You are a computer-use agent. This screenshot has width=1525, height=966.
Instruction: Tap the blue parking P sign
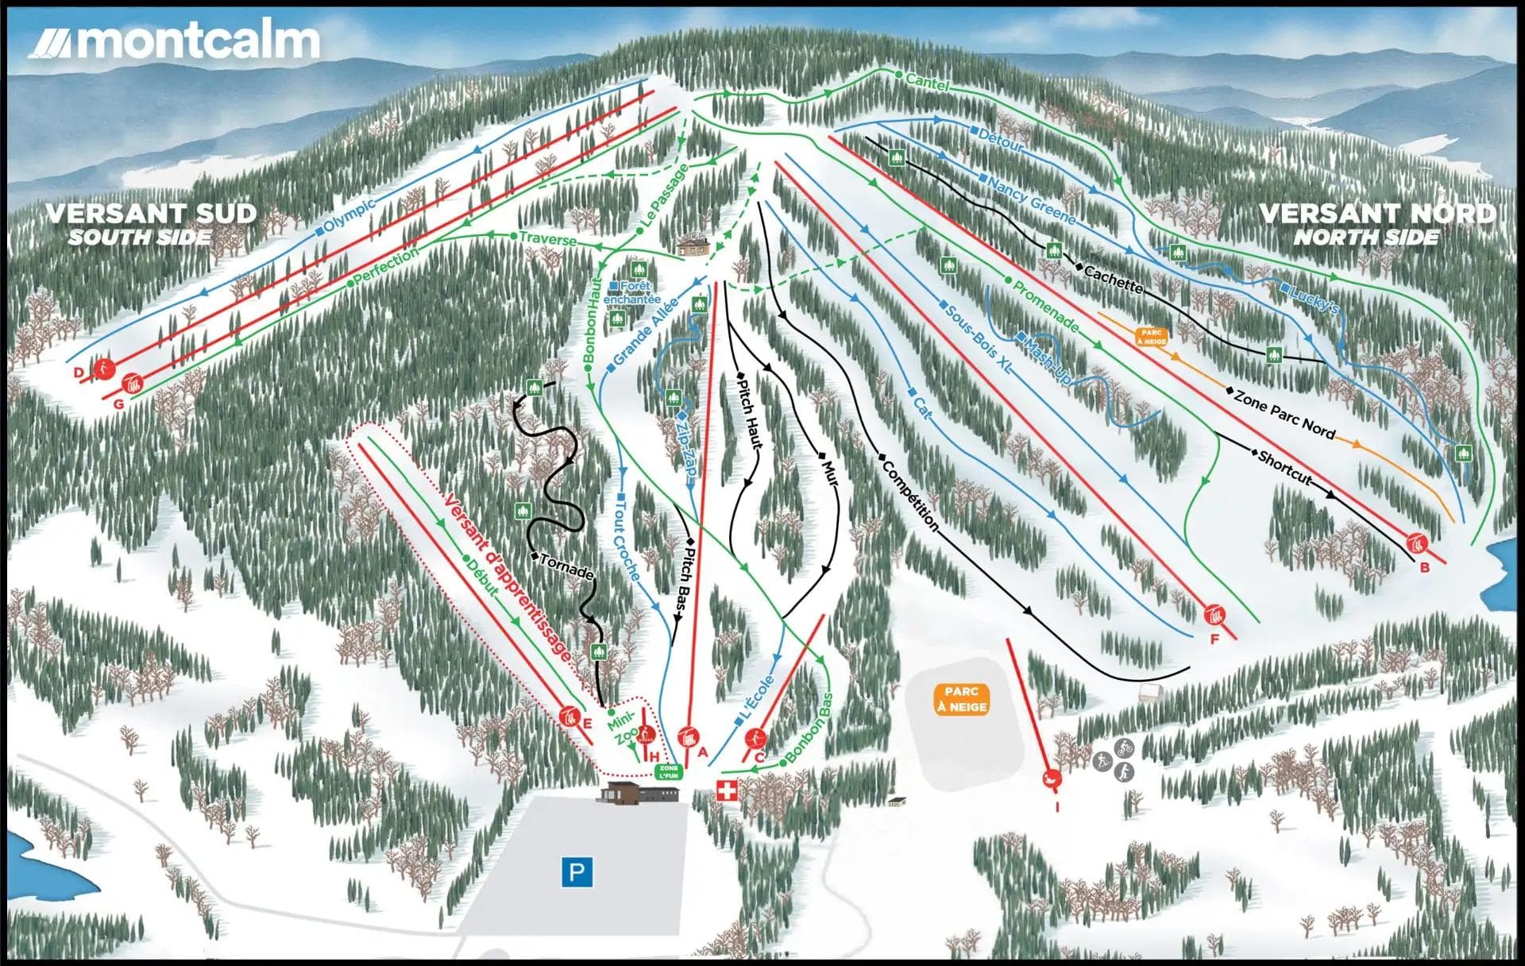(x=577, y=872)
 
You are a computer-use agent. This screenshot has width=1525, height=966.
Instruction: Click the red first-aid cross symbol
(x=727, y=790)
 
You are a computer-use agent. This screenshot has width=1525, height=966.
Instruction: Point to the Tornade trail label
(x=566, y=566)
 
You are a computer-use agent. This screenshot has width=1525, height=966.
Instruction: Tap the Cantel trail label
(x=926, y=80)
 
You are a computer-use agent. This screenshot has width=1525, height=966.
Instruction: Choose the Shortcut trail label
(x=1284, y=468)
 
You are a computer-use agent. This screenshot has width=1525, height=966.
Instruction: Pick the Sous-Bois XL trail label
(x=977, y=337)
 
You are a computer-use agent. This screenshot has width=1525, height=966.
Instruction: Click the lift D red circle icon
(x=103, y=369)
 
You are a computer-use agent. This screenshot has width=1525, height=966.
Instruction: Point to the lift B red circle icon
(x=1416, y=544)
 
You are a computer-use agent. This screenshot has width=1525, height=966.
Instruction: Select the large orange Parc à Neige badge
(x=961, y=699)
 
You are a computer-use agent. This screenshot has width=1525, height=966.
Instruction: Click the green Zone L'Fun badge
(x=669, y=771)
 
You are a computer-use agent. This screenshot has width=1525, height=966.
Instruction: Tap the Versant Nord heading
(x=1377, y=214)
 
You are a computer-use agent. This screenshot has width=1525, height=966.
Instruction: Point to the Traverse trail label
(x=547, y=238)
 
